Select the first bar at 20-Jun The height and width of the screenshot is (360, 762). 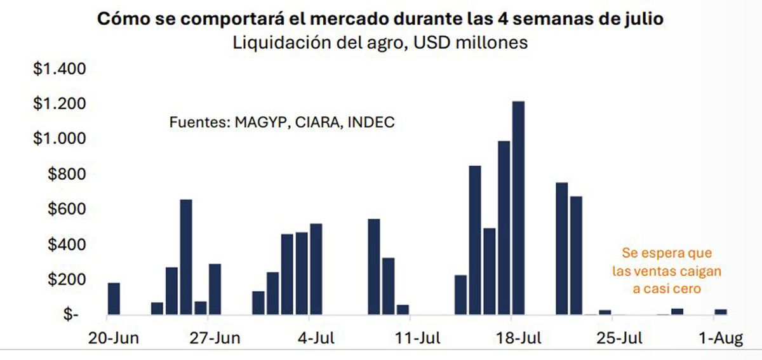coord(114,298)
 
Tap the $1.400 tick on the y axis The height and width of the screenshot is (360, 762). coord(59,69)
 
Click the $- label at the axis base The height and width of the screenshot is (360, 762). coord(70,315)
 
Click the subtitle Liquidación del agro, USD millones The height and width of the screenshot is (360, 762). coord(380,43)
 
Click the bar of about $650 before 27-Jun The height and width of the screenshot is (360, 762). coord(186,257)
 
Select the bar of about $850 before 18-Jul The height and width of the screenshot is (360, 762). coord(475,240)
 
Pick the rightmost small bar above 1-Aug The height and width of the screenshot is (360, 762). coord(721,312)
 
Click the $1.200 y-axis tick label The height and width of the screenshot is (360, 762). coord(59,103)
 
